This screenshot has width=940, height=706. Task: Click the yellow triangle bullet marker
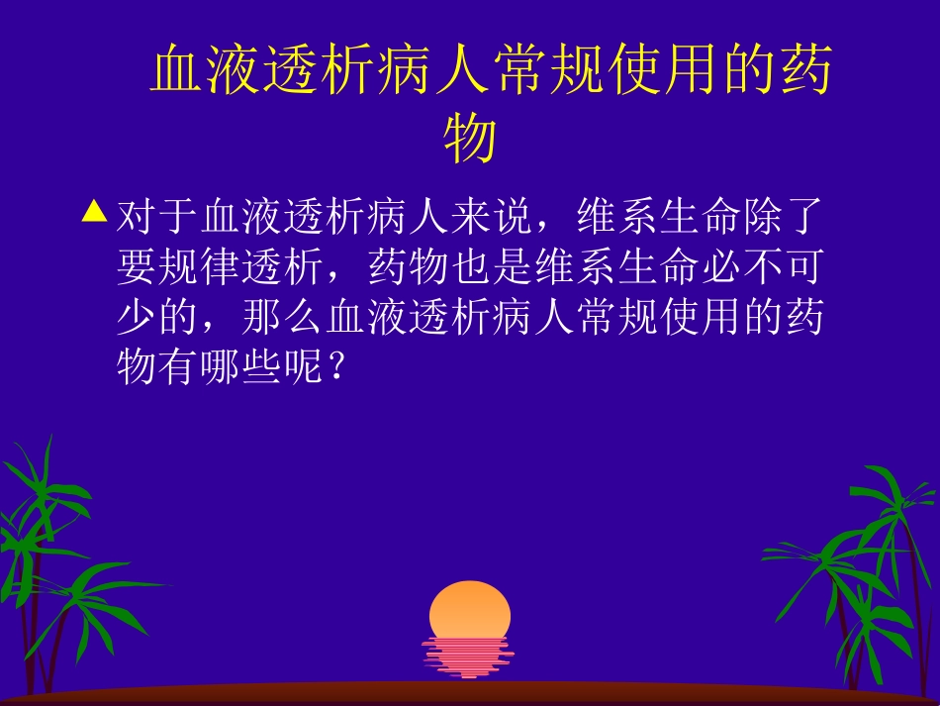(94, 211)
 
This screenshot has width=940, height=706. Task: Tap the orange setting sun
(470, 609)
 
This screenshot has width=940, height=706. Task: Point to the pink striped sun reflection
(468, 657)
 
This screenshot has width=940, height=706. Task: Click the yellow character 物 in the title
(470, 138)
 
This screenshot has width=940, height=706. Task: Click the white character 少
(137, 316)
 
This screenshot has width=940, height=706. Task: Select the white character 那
(262, 316)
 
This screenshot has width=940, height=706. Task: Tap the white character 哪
(221, 366)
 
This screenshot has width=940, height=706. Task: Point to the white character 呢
(304, 366)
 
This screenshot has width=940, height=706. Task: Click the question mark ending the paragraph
(336, 366)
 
